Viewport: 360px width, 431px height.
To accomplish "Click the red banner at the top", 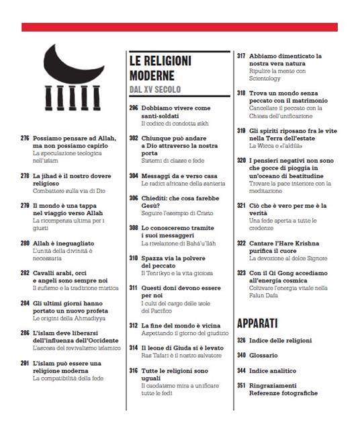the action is [179, 27].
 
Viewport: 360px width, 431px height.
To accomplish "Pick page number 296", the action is [134, 108].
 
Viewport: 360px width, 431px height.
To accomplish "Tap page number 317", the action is [241, 56].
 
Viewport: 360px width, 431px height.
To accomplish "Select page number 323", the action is [241, 274].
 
